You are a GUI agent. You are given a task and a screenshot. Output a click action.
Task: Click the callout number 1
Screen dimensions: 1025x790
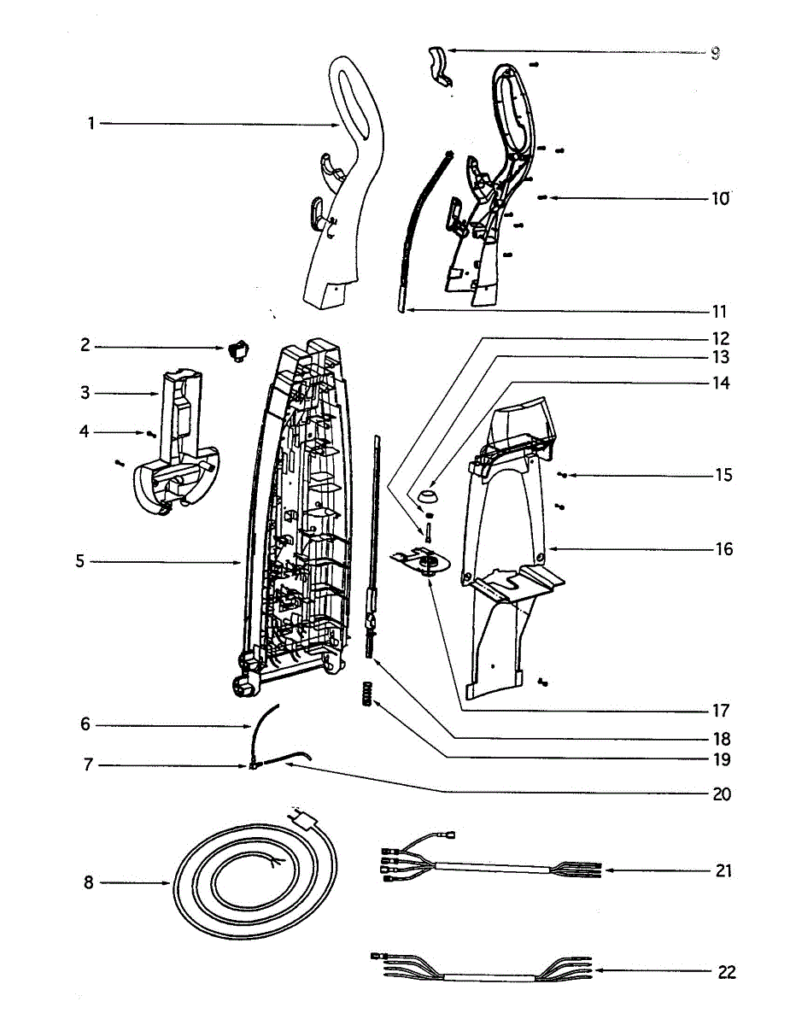(91, 124)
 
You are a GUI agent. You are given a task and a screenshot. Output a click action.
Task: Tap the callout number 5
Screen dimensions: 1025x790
(79, 562)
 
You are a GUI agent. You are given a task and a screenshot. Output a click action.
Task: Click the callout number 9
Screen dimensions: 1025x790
(715, 53)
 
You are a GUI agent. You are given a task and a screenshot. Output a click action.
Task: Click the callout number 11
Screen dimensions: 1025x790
(719, 311)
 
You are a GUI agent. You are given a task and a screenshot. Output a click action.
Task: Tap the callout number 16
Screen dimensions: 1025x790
(723, 548)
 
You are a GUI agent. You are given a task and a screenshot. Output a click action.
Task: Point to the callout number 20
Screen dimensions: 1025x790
(722, 794)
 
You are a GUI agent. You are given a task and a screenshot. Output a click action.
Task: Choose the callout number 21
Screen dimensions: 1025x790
(723, 871)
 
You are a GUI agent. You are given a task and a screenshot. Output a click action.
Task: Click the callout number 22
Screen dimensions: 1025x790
(726, 971)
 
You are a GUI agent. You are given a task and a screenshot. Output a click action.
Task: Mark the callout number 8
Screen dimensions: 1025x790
(88, 883)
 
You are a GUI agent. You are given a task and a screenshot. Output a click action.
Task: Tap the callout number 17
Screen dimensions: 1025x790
(722, 711)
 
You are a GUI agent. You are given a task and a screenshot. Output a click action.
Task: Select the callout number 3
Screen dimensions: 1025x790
(85, 393)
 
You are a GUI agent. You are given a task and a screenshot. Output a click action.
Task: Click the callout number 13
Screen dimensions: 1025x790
(722, 357)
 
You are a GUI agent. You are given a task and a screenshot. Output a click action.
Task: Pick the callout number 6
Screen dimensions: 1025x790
(85, 724)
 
